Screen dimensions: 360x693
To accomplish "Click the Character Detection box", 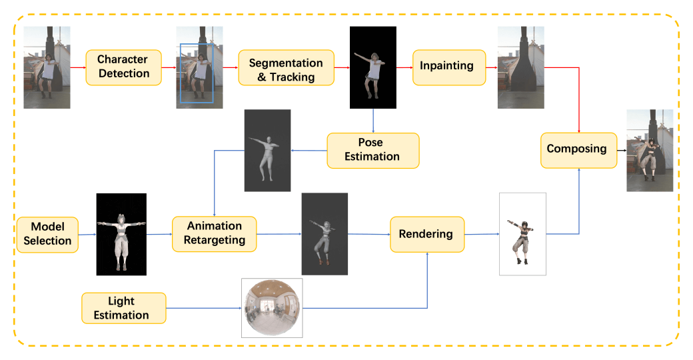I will (x=124, y=67).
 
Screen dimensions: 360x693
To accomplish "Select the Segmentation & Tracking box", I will (x=285, y=70).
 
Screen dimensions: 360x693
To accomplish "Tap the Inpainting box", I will (x=447, y=67).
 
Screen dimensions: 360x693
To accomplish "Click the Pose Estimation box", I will (x=372, y=150).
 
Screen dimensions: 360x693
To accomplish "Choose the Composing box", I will (x=576, y=149).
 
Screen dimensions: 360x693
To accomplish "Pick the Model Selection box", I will (x=47, y=234).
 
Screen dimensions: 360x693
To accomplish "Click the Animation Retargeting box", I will (x=215, y=233).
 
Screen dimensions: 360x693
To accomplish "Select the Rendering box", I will (x=426, y=234).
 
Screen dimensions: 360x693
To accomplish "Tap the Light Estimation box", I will (x=124, y=308).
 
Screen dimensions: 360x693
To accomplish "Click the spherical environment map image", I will (x=272, y=308).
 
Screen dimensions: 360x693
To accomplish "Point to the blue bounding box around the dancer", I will (x=196, y=73).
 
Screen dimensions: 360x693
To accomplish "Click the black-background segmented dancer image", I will (x=372, y=67).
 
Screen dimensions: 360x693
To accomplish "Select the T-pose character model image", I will (x=121, y=234).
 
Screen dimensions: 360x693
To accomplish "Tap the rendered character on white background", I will (x=522, y=234).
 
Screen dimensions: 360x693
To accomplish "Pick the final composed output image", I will (x=650, y=151).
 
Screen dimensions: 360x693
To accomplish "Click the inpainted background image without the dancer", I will (x=520, y=67).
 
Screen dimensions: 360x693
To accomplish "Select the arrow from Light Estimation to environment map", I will (x=203, y=308).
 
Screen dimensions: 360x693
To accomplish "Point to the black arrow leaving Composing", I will (x=620, y=149).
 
